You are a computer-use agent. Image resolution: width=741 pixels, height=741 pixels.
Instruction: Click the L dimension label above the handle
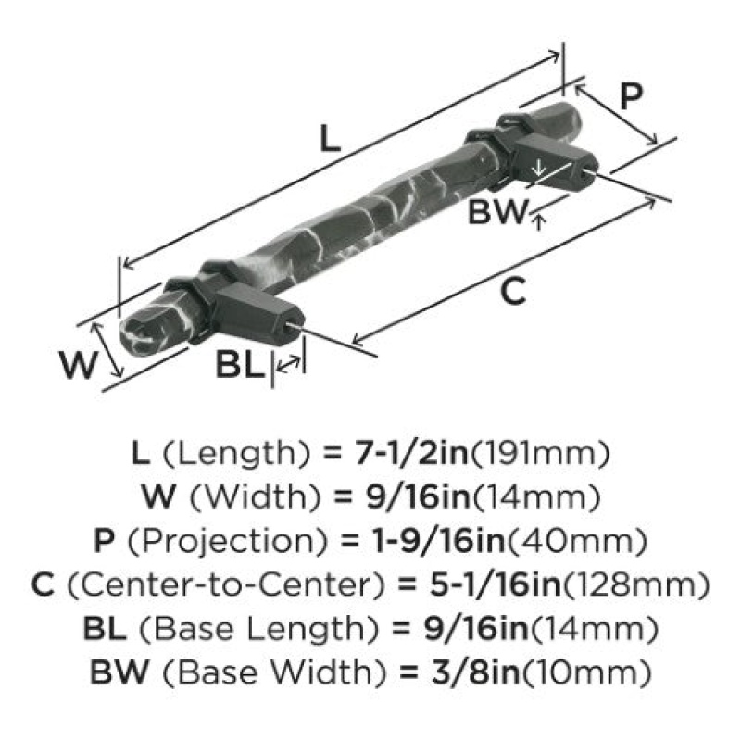click(330, 138)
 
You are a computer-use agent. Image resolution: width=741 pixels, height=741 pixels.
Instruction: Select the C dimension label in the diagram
click(513, 291)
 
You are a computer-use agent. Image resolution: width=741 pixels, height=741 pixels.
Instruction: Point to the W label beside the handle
click(78, 365)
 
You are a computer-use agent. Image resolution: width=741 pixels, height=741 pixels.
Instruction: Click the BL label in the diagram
click(239, 365)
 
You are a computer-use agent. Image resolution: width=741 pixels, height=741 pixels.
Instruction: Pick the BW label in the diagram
click(496, 211)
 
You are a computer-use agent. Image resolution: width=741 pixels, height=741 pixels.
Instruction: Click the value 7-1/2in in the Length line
click(410, 452)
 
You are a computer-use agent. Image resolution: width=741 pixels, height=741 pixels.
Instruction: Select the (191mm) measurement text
click(540, 453)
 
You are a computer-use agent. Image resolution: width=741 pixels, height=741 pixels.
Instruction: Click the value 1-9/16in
click(438, 541)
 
